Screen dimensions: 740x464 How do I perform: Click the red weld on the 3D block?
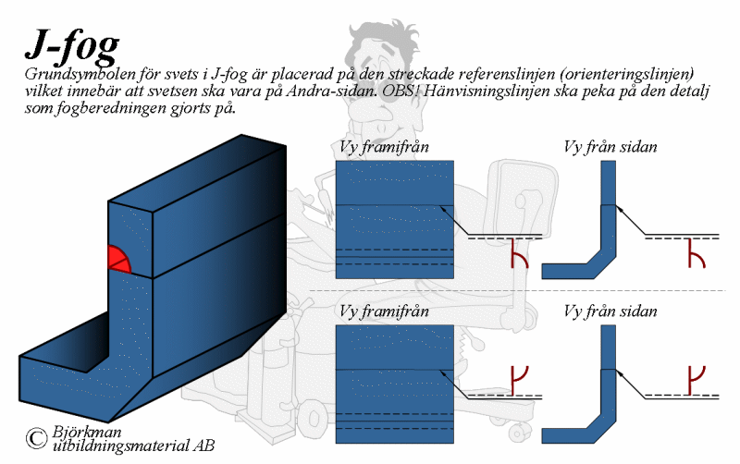click(x=118, y=260)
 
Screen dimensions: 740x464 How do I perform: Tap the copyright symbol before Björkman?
click(x=36, y=438)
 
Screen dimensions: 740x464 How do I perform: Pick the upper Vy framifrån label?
click(x=384, y=147)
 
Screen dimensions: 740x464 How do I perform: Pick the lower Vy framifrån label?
click(x=384, y=311)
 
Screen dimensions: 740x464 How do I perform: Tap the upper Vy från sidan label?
click(x=610, y=147)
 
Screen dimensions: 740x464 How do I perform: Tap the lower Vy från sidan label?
click(x=610, y=311)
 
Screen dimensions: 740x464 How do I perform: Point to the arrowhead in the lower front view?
click(x=443, y=374)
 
